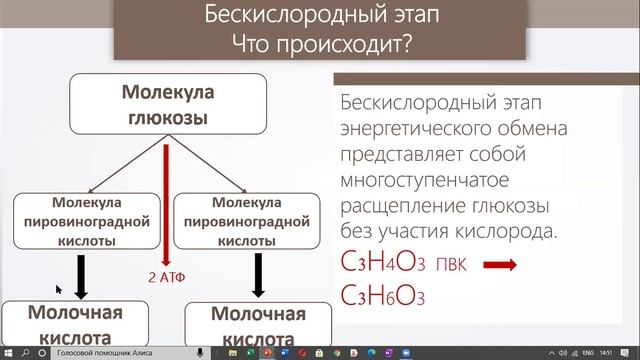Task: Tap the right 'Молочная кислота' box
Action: coord(257,325)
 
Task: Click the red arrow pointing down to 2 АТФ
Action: coord(165,200)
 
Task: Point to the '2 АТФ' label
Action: coord(165,276)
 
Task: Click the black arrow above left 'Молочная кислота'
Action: coord(80,275)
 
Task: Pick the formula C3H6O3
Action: coord(382,297)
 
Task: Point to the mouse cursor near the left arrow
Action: coord(58,289)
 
